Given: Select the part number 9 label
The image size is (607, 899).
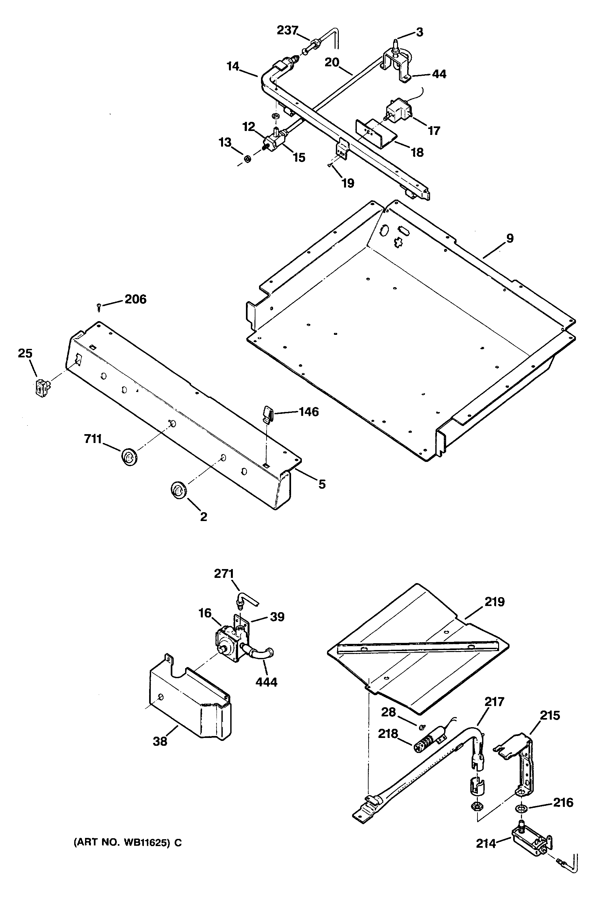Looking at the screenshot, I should tap(510, 238).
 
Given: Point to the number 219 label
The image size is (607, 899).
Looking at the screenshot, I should tap(494, 602).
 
